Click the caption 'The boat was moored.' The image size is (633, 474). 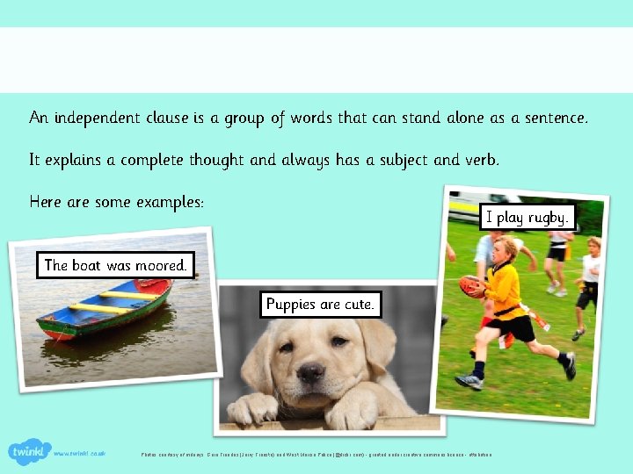coord(115,265)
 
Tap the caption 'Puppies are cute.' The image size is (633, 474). coord(321,305)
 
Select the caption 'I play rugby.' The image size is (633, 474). coord(527,217)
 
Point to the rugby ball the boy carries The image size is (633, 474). coord(473,286)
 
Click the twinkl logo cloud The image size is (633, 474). coord(29,452)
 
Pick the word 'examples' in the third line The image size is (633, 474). coord(170,202)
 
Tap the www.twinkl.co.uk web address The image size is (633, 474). coord(79,454)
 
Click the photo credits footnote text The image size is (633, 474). coord(316,454)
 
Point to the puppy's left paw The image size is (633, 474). coord(252,408)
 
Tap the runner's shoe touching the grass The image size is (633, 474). coord(469,381)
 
